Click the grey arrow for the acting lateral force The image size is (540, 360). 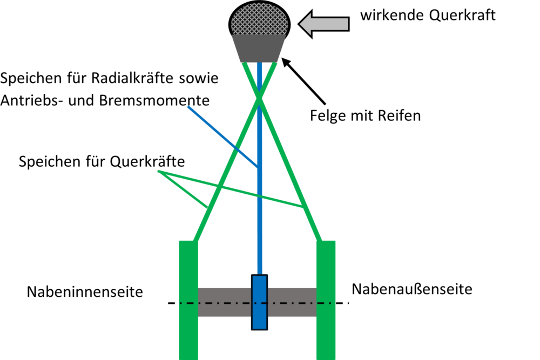[x=323, y=24]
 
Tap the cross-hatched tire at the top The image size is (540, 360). [x=259, y=18]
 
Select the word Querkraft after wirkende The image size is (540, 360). [x=462, y=16]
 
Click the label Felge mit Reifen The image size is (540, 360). [x=366, y=116]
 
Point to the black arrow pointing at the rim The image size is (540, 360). [x=303, y=81]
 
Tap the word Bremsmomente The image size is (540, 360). [x=154, y=100]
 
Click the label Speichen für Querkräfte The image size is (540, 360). [x=102, y=161]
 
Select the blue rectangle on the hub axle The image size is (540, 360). [x=259, y=303]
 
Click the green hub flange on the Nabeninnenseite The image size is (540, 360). [x=188, y=300]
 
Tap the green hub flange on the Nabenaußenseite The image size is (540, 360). [x=326, y=300]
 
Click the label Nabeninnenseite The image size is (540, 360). [x=85, y=292]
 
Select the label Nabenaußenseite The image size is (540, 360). [x=412, y=289]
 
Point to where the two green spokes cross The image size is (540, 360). [x=259, y=99]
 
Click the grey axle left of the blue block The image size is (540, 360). [x=225, y=303]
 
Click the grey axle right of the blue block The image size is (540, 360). [x=292, y=303]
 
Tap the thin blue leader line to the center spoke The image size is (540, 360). [x=223, y=137]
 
